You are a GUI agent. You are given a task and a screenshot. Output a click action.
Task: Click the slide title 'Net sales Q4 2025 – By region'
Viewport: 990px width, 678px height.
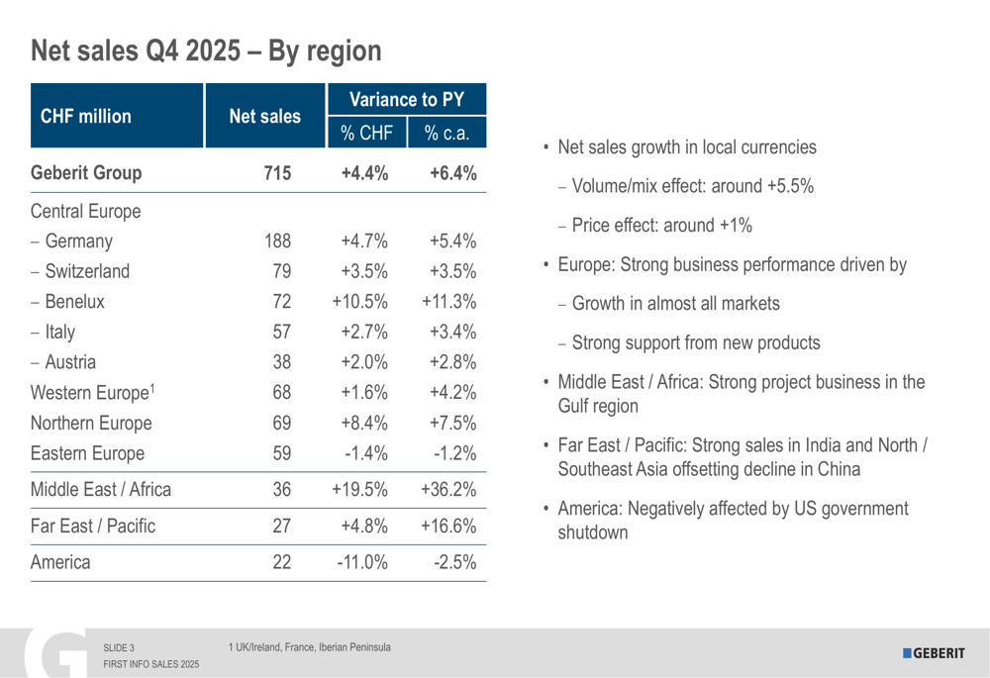click(x=206, y=50)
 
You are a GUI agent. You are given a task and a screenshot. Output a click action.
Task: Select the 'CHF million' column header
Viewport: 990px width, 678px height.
click(x=85, y=117)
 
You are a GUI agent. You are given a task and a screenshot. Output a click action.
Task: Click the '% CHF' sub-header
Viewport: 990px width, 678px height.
click(x=365, y=133)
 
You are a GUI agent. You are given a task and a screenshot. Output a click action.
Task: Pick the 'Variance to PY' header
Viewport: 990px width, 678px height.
click(x=406, y=99)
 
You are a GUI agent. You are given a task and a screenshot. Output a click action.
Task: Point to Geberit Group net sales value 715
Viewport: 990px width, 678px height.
click(x=277, y=173)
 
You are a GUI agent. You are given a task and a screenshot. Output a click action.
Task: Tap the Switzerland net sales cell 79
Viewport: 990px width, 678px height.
click(x=281, y=271)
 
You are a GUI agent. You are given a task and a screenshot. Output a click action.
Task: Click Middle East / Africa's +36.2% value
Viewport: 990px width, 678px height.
click(x=448, y=489)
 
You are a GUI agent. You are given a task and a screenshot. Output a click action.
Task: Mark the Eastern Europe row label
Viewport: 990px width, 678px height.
click(x=87, y=454)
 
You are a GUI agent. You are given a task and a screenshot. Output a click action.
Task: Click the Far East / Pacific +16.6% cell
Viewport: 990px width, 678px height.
click(x=448, y=526)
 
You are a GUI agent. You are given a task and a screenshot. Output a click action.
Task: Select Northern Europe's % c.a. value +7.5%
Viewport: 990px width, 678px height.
click(x=453, y=424)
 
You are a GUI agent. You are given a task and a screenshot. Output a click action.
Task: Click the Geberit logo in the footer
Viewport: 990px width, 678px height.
click(x=933, y=652)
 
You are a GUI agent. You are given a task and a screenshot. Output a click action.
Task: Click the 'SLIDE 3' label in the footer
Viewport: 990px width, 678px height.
click(x=119, y=648)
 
